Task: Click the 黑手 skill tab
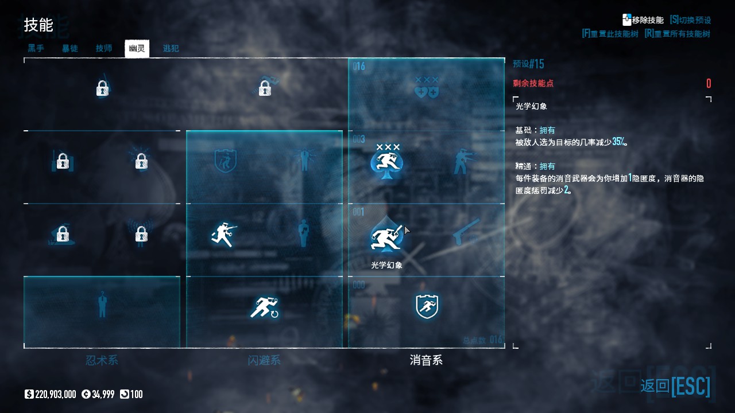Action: coord(36,49)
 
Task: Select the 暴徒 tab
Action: coord(70,49)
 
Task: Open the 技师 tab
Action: coord(104,49)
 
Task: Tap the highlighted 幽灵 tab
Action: coord(137,49)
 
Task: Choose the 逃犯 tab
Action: coord(171,49)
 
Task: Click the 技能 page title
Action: coord(38,25)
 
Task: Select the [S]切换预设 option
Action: coord(690,20)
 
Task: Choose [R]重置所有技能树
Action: coord(677,34)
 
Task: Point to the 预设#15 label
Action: coord(528,64)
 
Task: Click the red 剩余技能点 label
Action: coord(533,83)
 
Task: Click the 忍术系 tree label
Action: coord(102,360)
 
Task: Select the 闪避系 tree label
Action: coord(264,360)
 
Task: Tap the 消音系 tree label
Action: coord(426,360)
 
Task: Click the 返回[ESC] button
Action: coord(675,386)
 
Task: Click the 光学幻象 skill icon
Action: coord(386,235)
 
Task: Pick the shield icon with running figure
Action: coord(427,306)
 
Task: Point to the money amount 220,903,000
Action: coord(55,394)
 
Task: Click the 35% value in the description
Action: coord(619,142)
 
